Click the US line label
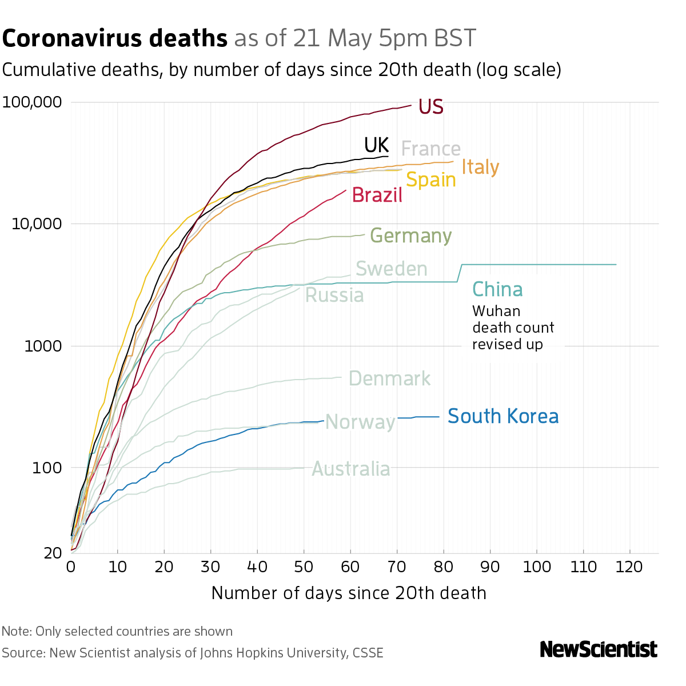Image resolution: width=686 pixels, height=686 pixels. pyautogui.click(x=430, y=107)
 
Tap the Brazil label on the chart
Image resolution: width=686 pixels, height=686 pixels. pyautogui.click(x=377, y=196)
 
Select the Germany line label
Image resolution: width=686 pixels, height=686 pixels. pyautogui.click(x=410, y=236)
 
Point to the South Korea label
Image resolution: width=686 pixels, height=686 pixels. pyautogui.click(x=502, y=416)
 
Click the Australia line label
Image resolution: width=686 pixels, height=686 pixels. pyautogui.click(x=351, y=469)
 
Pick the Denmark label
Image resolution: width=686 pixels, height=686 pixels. pyautogui.click(x=389, y=378)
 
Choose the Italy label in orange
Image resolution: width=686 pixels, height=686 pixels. pyautogui.click(x=480, y=167)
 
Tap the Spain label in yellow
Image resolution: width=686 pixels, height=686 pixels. pyautogui.click(x=430, y=180)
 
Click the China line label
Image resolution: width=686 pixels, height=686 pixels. pyautogui.click(x=497, y=290)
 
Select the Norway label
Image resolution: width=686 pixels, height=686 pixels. pyautogui.click(x=360, y=422)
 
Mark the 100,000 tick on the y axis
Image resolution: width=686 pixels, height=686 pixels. pyautogui.click(x=32, y=103)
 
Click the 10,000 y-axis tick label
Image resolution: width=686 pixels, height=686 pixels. pyautogui.click(x=36, y=224)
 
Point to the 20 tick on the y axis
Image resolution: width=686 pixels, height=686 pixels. pyautogui.click(x=53, y=553)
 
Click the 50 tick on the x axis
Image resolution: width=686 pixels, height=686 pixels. pyautogui.click(x=304, y=567)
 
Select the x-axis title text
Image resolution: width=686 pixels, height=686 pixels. pyautogui.click(x=349, y=593)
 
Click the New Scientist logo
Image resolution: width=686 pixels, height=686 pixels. pyautogui.click(x=599, y=649)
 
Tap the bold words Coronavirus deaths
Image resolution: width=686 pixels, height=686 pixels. pyautogui.click(x=115, y=39)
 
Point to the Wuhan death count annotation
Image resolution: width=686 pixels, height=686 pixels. pyautogui.click(x=513, y=328)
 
